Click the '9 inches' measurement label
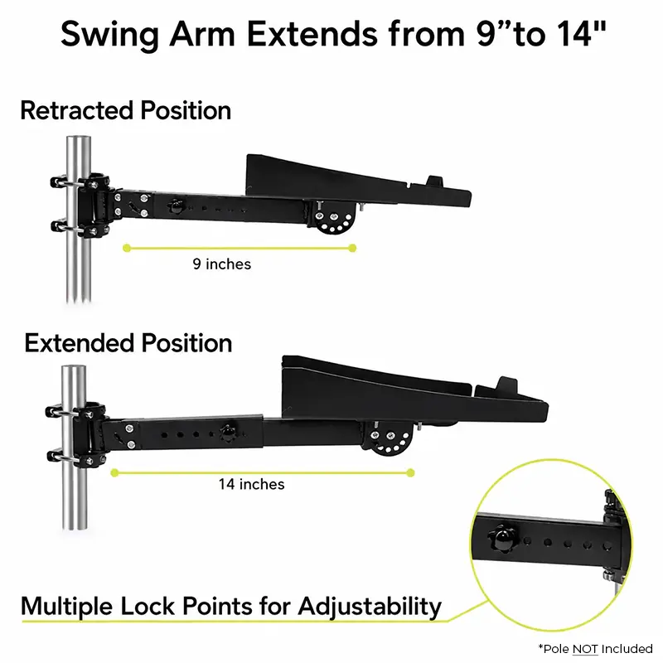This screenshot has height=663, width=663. click(222, 264)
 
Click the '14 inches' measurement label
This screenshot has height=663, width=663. click(252, 484)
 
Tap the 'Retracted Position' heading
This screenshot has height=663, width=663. click(126, 111)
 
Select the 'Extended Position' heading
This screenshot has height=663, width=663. click(128, 343)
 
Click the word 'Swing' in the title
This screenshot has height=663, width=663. click(110, 35)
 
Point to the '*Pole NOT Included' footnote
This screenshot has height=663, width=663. click(595, 649)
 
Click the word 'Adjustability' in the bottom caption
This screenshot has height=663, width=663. click(370, 607)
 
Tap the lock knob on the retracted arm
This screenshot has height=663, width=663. click(176, 206)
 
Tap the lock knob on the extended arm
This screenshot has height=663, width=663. click(228, 433)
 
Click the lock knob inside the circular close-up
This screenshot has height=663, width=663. click(502, 539)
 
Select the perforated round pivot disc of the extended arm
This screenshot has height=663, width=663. click(389, 440)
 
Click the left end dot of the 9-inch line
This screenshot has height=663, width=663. click(127, 248)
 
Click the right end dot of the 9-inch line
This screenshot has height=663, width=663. click(352, 248)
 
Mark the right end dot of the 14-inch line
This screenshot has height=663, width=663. click(410, 472)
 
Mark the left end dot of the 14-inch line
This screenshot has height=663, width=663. click(114, 472)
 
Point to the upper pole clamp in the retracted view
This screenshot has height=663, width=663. click(80, 182)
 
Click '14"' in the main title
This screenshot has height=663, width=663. click(582, 33)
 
